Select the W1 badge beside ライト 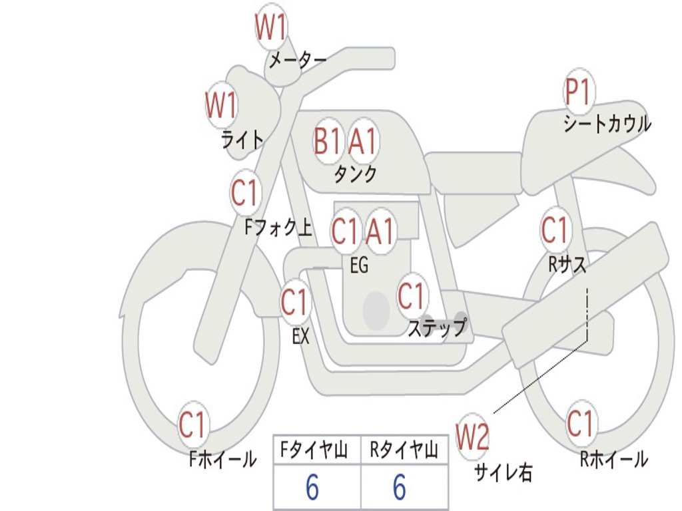point(221,105)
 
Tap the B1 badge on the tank point(328,140)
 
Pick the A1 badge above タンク point(363,141)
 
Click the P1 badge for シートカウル point(578,92)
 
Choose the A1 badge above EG point(380,232)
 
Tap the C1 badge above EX point(294,303)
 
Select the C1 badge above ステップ point(411,296)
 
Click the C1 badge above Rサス point(555,231)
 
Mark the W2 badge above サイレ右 point(472,437)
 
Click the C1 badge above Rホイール point(580,423)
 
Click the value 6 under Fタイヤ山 point(312,488)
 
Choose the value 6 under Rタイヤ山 point(399,488)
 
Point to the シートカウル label point(607,124)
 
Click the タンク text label point(355,174)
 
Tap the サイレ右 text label point(503,472)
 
